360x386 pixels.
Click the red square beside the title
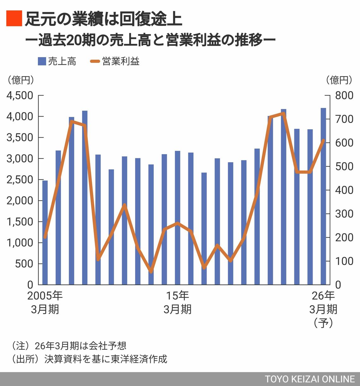pyautogui.click(x=14, y=18)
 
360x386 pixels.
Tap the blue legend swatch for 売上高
pyautogui.click(x=42, y=61)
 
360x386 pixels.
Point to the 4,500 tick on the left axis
pyautogui.click(x=20, y=95)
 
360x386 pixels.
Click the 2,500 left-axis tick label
pyautogui.click(x=20, y=179)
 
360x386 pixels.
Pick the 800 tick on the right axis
pyautogui.click(x=344, y=95)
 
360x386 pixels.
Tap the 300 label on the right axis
pyautogui.click(x=344, y=214)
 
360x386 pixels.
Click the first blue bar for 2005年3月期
pyautogui.click(x=45, y=232)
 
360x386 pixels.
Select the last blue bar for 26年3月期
pyautogui.click(x=323, y=196)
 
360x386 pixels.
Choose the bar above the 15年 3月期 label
pyautogui.click(x=177, y=218)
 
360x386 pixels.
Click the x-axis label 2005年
pyautogui.click(x=45, y=296)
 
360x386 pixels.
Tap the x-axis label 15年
pyautogui.click(x=177, y=296)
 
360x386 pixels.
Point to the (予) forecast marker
pyautogui.click(x=323, y=323)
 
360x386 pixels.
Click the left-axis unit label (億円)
pyautogui.click(x=21, y=80)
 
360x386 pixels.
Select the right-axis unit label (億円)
pyautogui.click(x=339, y=80)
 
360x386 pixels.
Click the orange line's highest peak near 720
pyautogui.click(x=284, y=113)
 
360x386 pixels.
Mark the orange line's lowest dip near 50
pyautogui.click(x=151, y=271)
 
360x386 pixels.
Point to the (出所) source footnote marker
pyautogui.click(x=23, y=359)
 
